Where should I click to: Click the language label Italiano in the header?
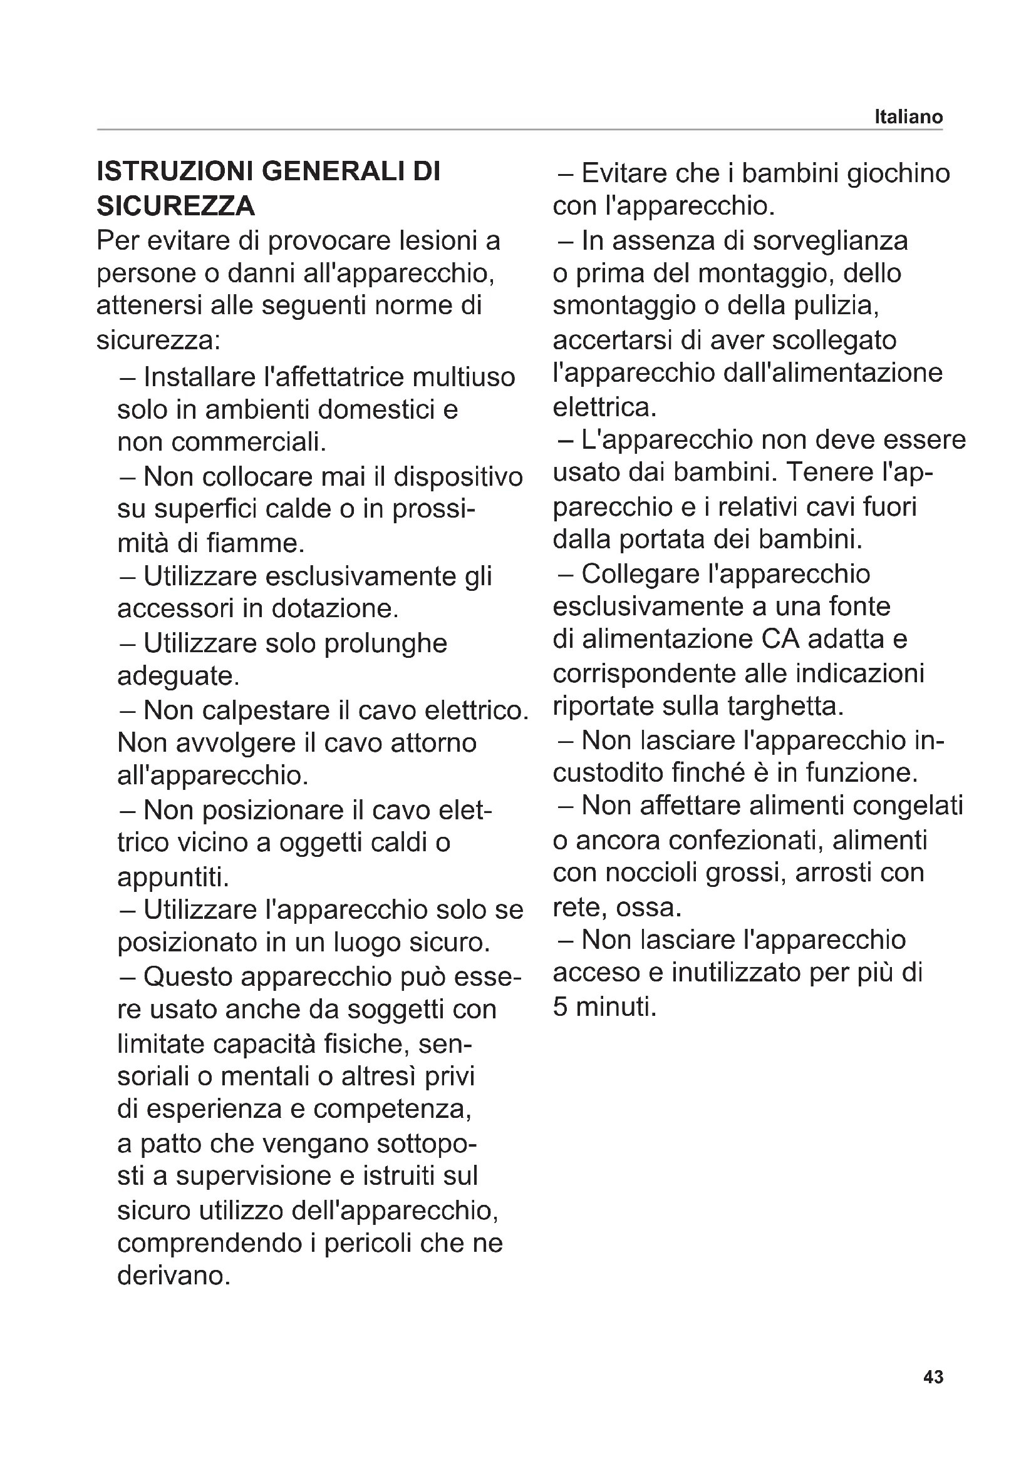908,116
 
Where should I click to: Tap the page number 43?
933,1395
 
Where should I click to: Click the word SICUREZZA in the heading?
175,206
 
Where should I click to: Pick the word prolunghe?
385,643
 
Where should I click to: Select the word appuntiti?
173,878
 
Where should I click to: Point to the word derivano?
173,1276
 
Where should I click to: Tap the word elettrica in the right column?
603,407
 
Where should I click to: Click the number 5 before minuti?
560,1007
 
